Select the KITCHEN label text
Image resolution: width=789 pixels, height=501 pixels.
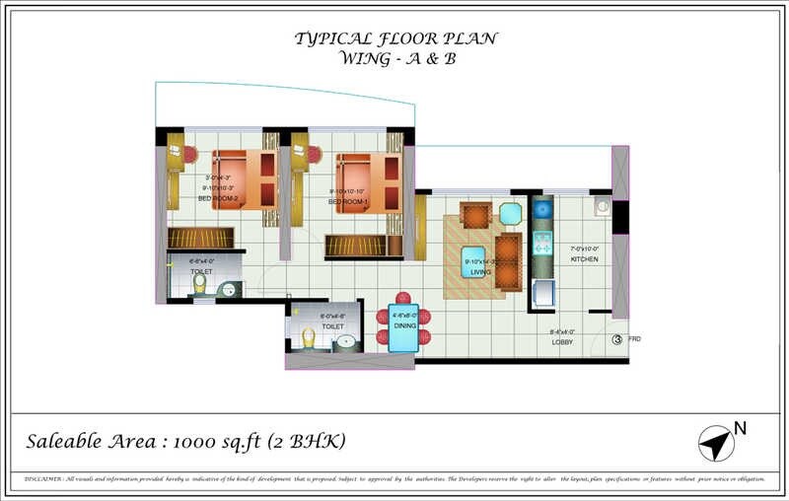click(x=584, y=258)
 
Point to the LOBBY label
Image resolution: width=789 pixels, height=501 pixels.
click(x=562, y=341)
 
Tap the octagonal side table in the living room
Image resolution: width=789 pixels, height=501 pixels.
click(x=510, y=214)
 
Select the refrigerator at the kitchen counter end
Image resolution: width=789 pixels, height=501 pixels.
click(x=543, y=293)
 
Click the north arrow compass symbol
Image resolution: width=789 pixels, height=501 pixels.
click(x=717, y=443)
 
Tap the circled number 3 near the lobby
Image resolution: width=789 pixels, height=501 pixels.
click(x=617, y=339)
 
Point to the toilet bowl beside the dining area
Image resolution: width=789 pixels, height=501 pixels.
click(x=309, y=338)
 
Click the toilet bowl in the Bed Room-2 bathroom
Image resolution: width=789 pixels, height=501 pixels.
click(x=198, y=284)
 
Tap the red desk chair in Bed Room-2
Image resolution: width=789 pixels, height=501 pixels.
click(x=189, y=155)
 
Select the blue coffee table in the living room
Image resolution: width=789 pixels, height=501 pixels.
click(x=474, y=263)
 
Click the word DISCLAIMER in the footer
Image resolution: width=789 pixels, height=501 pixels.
click(x=43, y=478)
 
